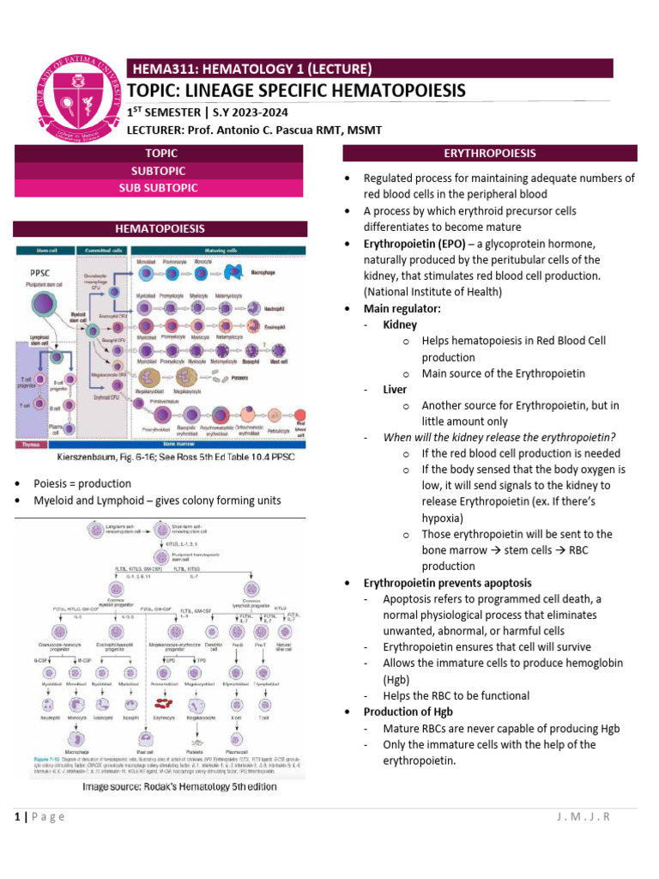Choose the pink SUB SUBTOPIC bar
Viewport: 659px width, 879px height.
(x=160, y=188)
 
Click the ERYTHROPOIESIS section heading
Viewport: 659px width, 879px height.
(x=489, y=154)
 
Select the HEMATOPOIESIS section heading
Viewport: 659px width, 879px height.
(x=160, y=229)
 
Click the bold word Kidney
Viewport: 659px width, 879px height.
(x=400, y=324)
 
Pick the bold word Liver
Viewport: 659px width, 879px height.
(x=395, y=389)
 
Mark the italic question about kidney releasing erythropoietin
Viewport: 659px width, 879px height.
(x=499, y=438)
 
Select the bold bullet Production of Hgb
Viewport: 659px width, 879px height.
(x=408, y=712)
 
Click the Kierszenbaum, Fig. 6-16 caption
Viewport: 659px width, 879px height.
(x=156, y=457)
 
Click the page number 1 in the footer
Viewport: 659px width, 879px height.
(x=17, y=816)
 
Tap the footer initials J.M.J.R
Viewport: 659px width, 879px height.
(x=583, y=816)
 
